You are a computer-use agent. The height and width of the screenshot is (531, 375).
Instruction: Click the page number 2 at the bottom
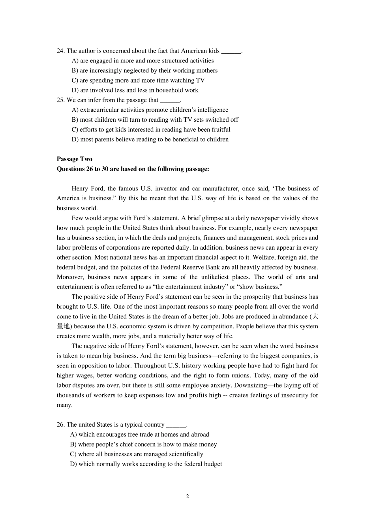(187, 496)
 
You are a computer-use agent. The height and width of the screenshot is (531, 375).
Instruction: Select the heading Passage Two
(74, 159)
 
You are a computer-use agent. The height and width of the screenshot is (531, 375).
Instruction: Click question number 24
(60, 51)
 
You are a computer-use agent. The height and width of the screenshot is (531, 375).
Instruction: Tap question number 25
(60, 100)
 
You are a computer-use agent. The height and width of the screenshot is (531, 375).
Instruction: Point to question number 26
(60, 424)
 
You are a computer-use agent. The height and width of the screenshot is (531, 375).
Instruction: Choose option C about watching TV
(138, 80)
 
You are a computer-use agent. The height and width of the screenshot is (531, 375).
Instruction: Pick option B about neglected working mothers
(144, 70)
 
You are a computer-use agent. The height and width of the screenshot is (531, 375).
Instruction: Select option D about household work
(135, 90)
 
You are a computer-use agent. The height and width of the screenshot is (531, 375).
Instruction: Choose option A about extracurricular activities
(150, 110)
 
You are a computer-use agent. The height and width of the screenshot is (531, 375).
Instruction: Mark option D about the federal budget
(146, 464)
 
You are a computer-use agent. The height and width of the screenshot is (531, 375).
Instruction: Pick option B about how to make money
(143, 444)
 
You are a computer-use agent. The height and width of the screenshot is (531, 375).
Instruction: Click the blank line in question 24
(231, 51)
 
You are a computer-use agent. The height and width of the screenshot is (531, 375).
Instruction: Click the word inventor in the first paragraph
(167, 188)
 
